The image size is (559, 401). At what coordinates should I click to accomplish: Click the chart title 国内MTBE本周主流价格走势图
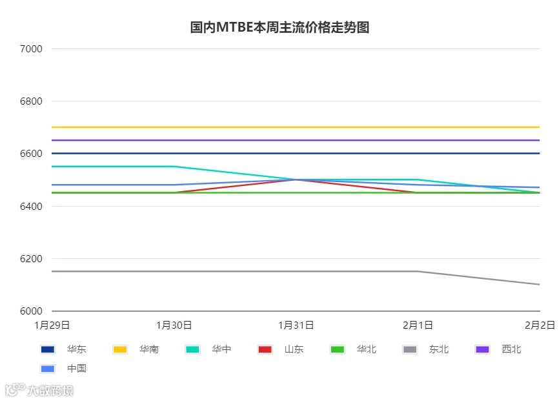tap(279, 28)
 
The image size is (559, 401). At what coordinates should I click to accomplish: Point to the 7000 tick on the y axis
tap(31, 49)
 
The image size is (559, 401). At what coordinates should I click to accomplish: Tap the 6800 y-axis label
tap(31, 101)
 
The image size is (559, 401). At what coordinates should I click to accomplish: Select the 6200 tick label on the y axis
tap(31, 259)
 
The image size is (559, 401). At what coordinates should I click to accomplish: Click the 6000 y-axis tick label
tap(31, 311)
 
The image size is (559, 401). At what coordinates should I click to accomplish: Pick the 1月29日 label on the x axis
tap(52, 325)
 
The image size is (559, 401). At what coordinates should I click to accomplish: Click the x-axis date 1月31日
tap(296, 325)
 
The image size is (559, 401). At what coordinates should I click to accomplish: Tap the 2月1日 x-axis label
tap(418, 325)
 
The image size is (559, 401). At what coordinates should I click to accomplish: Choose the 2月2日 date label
tap(540, 325)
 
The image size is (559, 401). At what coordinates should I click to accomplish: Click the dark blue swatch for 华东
tap(48, 349)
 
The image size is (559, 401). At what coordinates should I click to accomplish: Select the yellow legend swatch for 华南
tap(120, 349)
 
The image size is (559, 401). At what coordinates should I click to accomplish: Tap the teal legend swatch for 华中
tap(192, 349)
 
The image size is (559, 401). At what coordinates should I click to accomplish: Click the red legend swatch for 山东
tap(265, 349)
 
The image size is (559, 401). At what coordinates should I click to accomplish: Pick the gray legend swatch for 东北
tap(410, 349)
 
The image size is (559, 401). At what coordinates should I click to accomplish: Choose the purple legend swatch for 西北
tap(482, 349)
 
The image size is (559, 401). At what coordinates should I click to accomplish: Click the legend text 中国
tap(77, 369)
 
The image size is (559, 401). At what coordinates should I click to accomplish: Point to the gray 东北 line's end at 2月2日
tap(540, 284)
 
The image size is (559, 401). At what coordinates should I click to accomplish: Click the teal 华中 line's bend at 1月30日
tap(174, 166)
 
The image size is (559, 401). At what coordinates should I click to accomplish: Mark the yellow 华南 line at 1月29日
tap(52, 127)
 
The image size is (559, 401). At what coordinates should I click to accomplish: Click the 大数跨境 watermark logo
tap(39, 390)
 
